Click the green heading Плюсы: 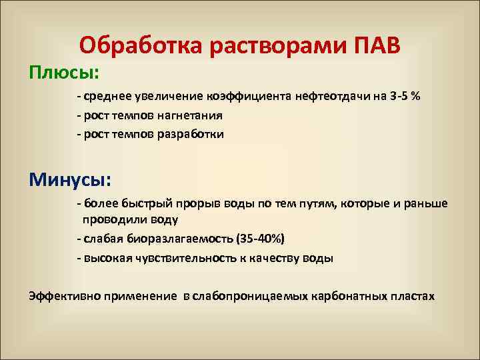(x=63, y=70)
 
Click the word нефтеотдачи (x=327, y=97)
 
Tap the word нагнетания (x=191, y=115)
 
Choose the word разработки (x=191, y=134)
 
